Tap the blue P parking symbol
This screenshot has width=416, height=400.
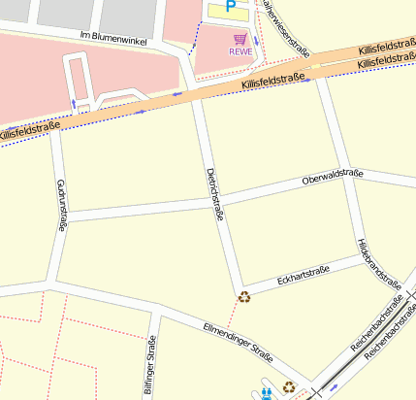click(x=231, y=7)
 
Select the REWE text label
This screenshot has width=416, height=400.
click(x=240, y=52)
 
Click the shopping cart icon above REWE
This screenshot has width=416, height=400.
click(x=240, y=39)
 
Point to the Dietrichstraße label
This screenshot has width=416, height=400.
click(x=215, y=194)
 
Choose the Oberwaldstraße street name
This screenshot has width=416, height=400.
click(x=332, y=178)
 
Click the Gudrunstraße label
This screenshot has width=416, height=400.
click(x=62, y=206)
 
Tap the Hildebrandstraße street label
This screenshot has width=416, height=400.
click(x=378, y=263)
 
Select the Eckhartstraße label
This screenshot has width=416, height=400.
click(x=303, y=276)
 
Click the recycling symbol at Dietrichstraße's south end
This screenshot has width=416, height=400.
click(x=244, y=297)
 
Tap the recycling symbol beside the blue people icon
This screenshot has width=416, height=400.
click(x=289, y=387)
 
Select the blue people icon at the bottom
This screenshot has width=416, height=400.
click(x=268, y=394)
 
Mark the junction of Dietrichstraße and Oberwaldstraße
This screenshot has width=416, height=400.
click(x=220, y=201)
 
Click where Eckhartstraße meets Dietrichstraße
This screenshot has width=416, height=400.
click(x=240, y=284)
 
